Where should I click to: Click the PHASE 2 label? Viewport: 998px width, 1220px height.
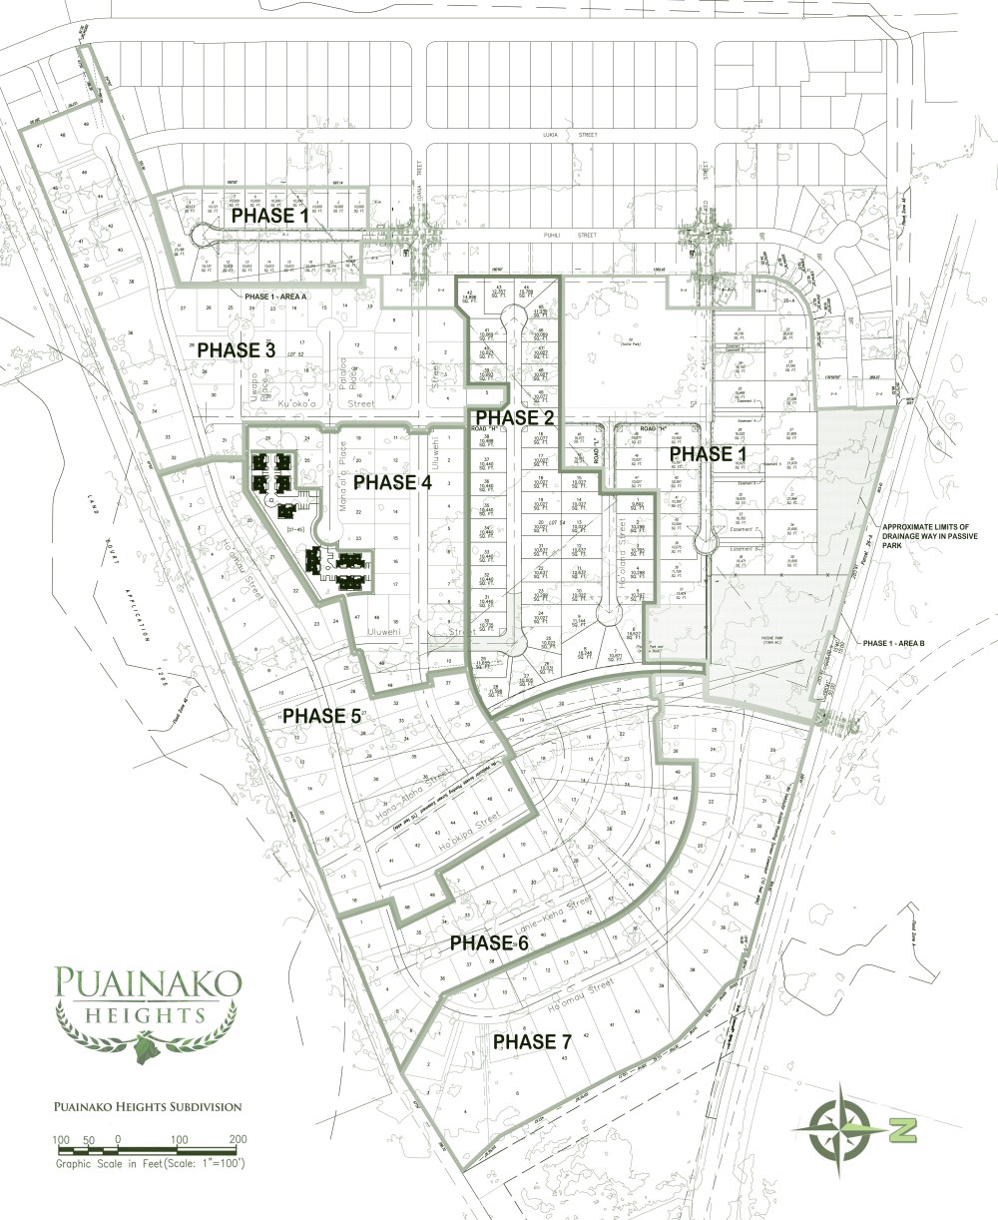[514, 416]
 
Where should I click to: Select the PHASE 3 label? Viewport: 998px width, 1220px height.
[237, 349]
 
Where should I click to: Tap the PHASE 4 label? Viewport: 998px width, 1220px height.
[393, 482]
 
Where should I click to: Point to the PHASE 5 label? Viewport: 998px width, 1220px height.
[322, 716]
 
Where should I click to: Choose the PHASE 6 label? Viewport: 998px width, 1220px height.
[489, 942]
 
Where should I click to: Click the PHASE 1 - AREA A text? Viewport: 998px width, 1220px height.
[275, 298]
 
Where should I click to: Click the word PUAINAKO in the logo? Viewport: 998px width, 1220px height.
[147, 982]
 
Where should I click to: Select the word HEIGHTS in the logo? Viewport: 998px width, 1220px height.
[147, 1015]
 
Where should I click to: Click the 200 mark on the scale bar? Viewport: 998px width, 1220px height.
[238, 1139]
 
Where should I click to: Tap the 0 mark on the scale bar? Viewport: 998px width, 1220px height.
[118, 1139]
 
